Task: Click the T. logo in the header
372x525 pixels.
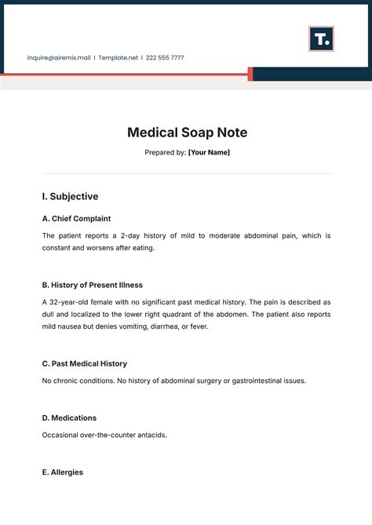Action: pyautogui.click(x=321, y=38)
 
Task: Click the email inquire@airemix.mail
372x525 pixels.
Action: pyautogui.click(x=59, y=57)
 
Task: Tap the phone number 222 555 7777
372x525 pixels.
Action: pyautogui.click(x=165, y=57)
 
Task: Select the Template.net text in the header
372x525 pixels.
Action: pyautogui.click(x=118, y=57)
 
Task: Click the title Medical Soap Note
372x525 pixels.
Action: pyautogui.click(x=187, y=133)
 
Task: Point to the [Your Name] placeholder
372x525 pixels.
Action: pyautogui.click(x=209, y=152)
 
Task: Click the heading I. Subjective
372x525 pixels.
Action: pyautogui.click(x=70, y=196)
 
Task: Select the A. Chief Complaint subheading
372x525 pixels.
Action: pyautogui.click(x=76, y=218)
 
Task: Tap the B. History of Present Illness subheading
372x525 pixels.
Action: pyautogui.click(x=92, y=284)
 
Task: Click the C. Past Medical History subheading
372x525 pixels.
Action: pyautogui.click(x=84, y=363)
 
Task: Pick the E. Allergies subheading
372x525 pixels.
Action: pyautogui.click(x=62, y=472)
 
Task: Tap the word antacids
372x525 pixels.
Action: pyautogui.click(x=151, y=435)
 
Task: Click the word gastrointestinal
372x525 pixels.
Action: pyautogui.click(x=250, y=381)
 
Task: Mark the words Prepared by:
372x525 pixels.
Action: pyautogui.click(x=165, y=152)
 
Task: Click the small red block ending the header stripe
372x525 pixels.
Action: pyautogui.click(x=250, y=74)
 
